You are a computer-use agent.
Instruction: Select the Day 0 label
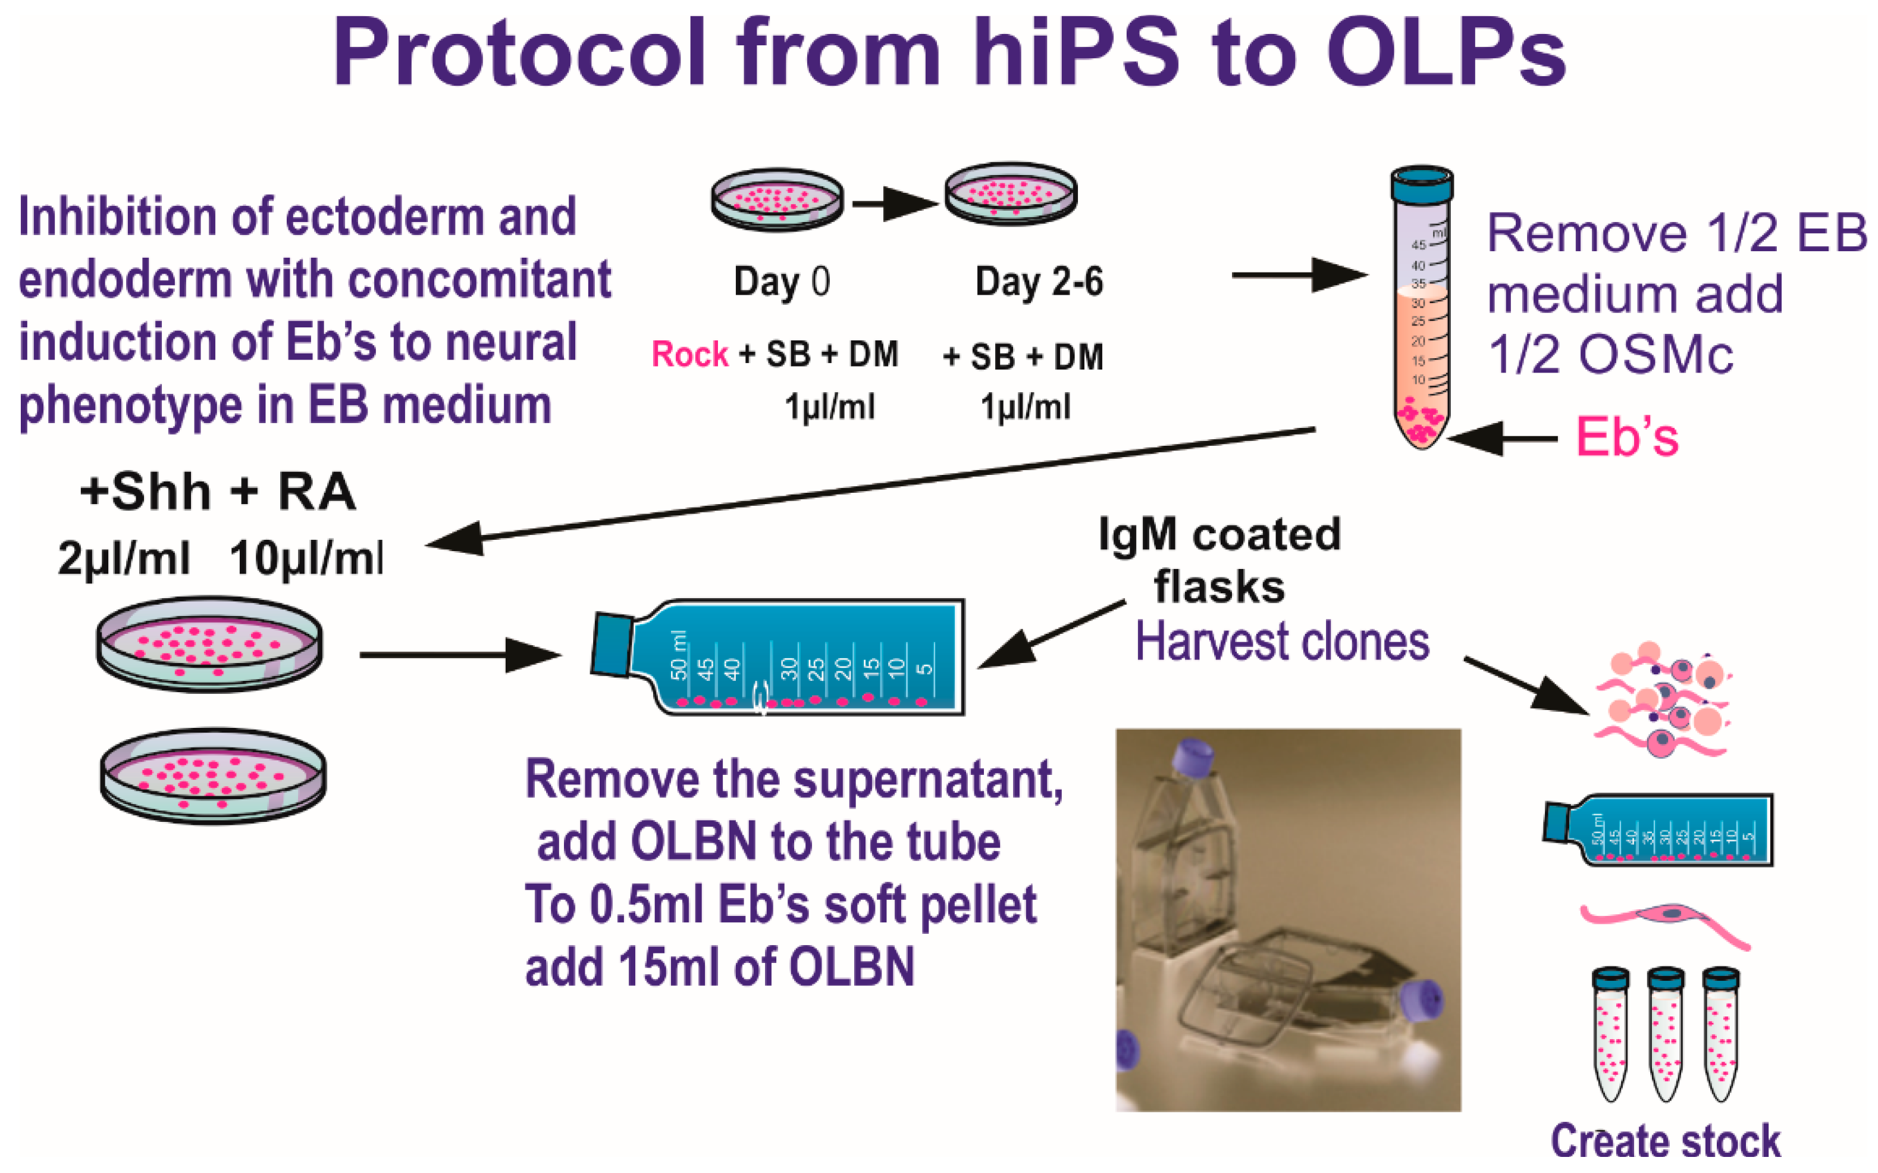pyautogui.click(x=781, y=281)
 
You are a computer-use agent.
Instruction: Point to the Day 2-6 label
pyautogui.click(x=1038, y=281)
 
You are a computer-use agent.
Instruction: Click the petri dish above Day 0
pyautogui.click(x=777, y=199)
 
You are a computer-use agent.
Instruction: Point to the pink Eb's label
pyautogui.click(x=1626, y=437)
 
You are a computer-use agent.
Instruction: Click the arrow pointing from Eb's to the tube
pyautogui.click(x=1500, y=439)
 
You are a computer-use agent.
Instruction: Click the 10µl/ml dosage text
pyautogui.click(x=306, y=558)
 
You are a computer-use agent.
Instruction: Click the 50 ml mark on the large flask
pyautogui.click(x=679, y=656)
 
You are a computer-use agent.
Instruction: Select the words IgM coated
pyautogui.click(x=1219, y=534)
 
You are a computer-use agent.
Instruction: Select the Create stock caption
pyautogui.click(x=1665, y=1141)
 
